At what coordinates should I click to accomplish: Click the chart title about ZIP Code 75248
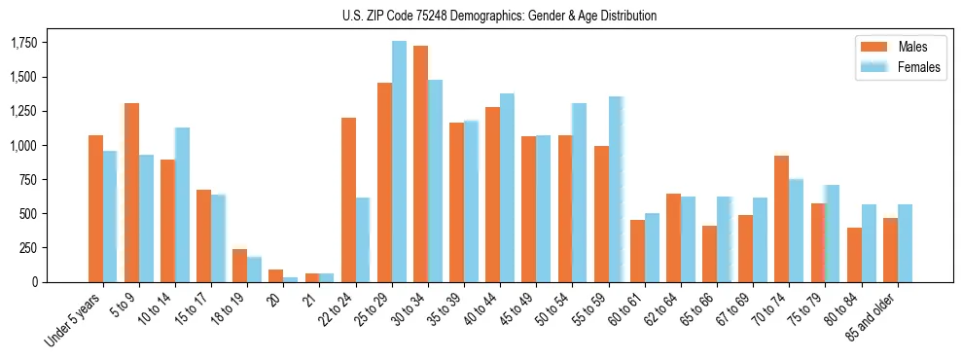point(499,16)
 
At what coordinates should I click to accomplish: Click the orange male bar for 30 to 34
point(420,163)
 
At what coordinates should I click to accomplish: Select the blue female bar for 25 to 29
point(399,162)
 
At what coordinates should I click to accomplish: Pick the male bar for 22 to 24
point(348,199)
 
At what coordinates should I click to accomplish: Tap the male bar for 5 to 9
point(131,192)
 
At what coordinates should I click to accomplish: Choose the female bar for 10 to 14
point(182,204)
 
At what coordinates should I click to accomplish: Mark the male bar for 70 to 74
point(781,218)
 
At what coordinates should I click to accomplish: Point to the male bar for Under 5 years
point(95,208)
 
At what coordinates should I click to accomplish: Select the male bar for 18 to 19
point(239,266)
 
